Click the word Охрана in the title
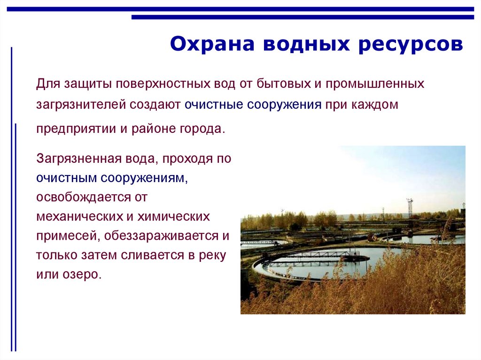coord(212,44)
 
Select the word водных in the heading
coord(306,44)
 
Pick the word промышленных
coord(375,84)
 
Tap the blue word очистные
coord(214,105)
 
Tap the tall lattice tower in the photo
coord(410,208)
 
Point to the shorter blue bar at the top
coord(303,17)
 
